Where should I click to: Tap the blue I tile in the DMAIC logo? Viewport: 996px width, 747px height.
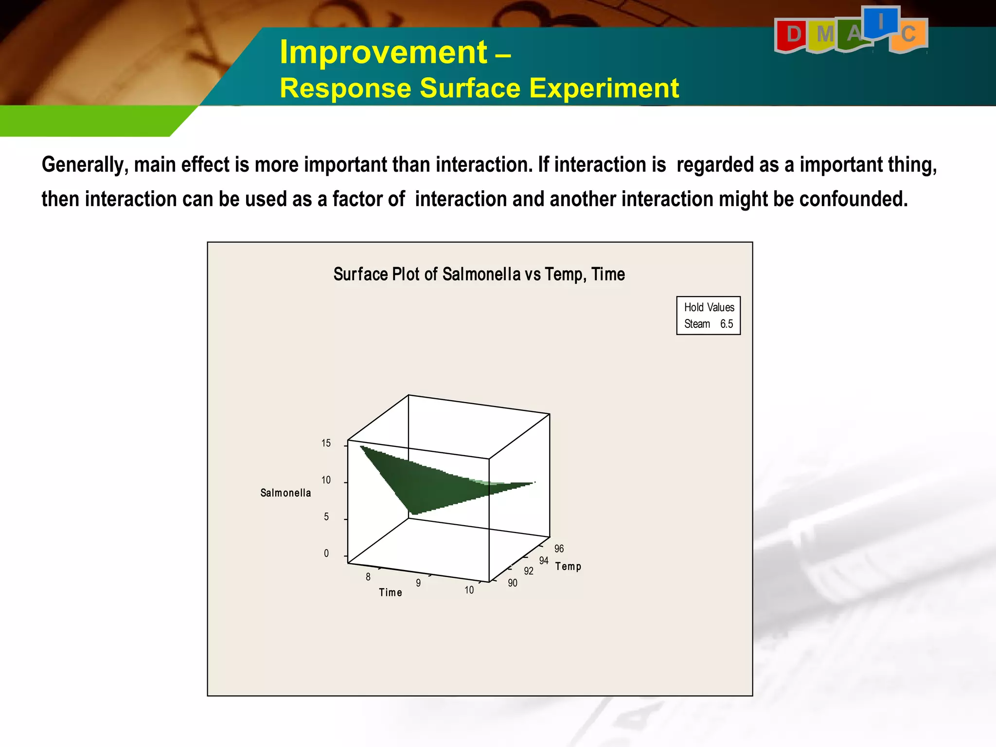pos(881,22)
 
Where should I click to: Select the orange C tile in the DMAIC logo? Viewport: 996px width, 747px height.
pos(908,35)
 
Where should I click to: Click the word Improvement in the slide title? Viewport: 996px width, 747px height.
pos(383,52)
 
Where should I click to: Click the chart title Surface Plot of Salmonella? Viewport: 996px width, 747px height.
pos(479,274)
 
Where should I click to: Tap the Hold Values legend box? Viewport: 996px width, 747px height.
pos(708,315)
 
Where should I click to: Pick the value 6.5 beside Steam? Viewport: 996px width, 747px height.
pos(726,324)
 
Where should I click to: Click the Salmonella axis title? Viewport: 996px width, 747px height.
pos(285,493)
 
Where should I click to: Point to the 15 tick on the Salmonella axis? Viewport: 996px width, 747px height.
pos(326,443)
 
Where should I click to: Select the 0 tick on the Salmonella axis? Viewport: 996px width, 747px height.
pos(326,553)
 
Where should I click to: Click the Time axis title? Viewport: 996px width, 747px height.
pos(391,592)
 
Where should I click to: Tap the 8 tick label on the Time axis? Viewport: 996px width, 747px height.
pos(368,577)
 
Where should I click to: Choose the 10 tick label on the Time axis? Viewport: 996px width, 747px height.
pos(469,590)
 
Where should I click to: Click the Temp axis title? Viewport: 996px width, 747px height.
pos(568,566)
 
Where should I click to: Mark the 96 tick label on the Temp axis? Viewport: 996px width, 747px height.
pos(559,549)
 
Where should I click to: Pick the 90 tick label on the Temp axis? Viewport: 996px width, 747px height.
pos(513,583)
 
